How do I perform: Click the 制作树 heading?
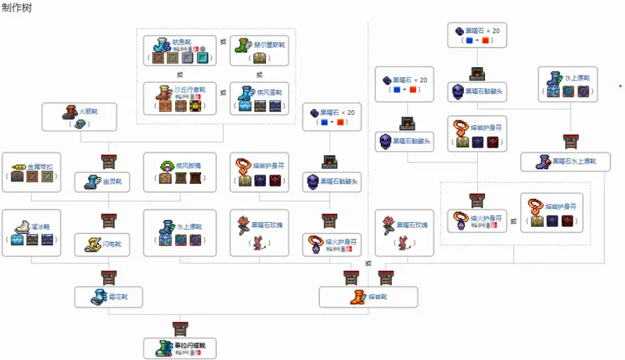[17, 9]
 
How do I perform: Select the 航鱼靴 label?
[181, 42]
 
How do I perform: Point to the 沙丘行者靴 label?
[186, 89]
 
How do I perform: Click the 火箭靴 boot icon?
[69, 112]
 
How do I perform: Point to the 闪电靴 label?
[112, 245]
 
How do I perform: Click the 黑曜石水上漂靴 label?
[574, 161]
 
